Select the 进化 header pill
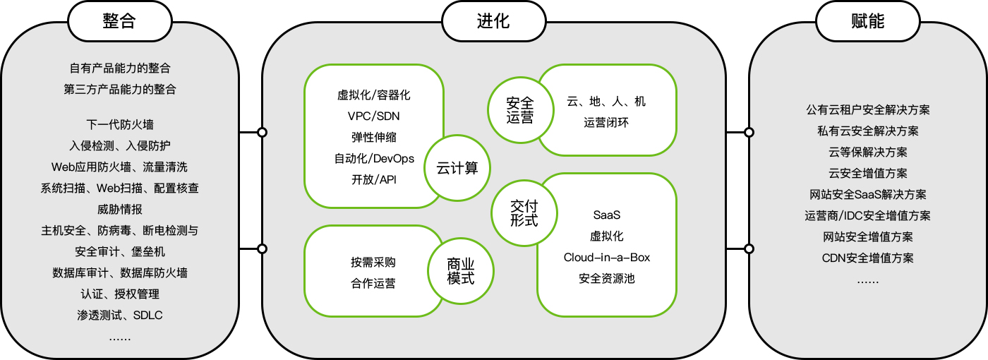click(493, 21)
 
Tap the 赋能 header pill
click(867, 21)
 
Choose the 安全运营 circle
click(520, 110)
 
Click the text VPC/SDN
click(373, 116)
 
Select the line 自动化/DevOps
click(373, 158)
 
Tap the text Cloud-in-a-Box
click(606, 258)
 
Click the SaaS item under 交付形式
click(606, 215)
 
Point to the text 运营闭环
click(606, 123)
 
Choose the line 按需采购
click(373, 262)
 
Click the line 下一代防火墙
click(119, 125)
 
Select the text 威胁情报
click(119, 210)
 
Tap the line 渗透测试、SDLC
click(119, 316)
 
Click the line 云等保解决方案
click(867, 152)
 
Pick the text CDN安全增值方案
click(867, 258)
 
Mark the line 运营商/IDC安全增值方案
click(867, 216)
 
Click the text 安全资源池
click(606, 279)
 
